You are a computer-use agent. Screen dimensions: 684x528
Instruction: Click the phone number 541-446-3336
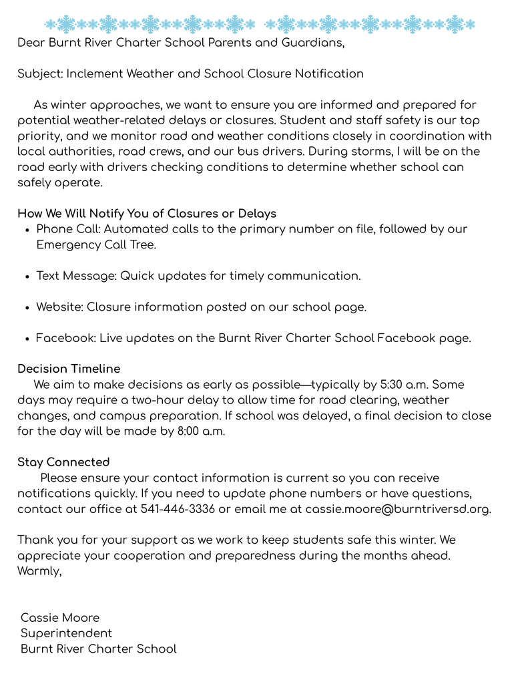[178, 509]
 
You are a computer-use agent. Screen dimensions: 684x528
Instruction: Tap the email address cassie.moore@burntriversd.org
[398, 509]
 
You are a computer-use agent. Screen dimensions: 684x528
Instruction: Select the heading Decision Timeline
[69, 369]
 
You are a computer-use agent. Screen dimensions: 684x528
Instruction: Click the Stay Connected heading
[63, 462]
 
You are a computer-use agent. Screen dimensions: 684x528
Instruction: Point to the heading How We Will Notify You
[147, 214]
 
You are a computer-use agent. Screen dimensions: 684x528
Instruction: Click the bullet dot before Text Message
[26, 277]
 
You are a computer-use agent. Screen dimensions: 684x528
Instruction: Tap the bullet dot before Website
[26, 308]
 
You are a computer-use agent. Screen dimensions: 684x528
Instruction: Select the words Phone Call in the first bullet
[67, 229]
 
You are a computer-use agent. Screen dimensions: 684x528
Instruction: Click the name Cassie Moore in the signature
[60, 618]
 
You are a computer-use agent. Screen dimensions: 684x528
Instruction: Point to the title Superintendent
[66, 633]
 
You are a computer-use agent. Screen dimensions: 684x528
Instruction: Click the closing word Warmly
[39, 571]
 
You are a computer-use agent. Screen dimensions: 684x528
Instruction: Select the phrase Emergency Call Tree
[96, 244]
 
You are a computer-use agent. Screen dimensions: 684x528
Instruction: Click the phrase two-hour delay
[196, 400]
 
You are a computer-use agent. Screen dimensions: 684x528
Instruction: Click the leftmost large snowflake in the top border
[66, 25]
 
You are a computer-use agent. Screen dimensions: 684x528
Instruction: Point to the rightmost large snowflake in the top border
[455, 25]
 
